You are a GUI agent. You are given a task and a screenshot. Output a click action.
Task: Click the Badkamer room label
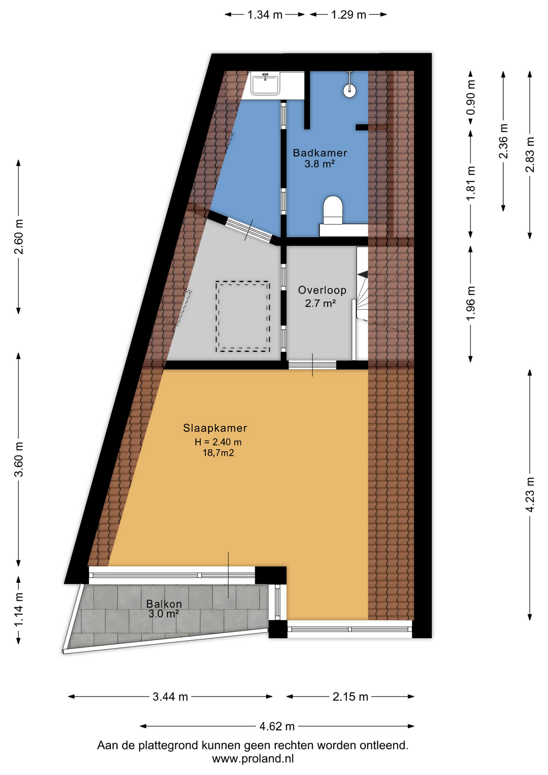click(x=320, y=153)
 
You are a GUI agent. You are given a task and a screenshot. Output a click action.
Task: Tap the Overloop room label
click(x=322, y=290)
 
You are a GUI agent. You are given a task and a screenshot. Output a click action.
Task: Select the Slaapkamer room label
click(x=215, y=428)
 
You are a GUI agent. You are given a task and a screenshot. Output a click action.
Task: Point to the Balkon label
click(x=164, y=604)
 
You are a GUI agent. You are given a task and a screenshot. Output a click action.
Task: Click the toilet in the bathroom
click(x=333, y=210)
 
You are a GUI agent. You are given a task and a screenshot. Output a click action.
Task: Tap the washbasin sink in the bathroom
click(x=265, y=84)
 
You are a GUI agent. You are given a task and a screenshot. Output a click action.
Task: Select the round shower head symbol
click(x=349, y=90)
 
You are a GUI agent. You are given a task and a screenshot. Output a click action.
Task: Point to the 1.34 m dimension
click(x=265, y=15)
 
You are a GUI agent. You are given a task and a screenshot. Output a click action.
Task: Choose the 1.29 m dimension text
click(x=349, y=15)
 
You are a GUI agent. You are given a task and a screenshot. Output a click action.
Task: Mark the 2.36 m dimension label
click(x=503, y=141)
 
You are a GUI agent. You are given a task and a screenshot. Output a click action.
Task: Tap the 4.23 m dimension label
click(x=530, y=494)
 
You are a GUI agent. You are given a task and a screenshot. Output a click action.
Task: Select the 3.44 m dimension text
click(x=170, y=697)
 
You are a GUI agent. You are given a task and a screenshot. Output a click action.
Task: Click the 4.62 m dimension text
click(x=277, y=727)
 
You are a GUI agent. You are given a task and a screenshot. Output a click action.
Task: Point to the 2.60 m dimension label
click(x=19, y=237)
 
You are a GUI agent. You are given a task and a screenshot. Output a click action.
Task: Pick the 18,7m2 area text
click(x=218, y=453)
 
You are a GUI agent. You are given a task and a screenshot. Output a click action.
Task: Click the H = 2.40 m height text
click(x=218, y=442)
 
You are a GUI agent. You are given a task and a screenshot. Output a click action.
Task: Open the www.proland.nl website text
click(x=253, y=758)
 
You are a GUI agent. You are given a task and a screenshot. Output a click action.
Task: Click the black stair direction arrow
click(x=363, y=274)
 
